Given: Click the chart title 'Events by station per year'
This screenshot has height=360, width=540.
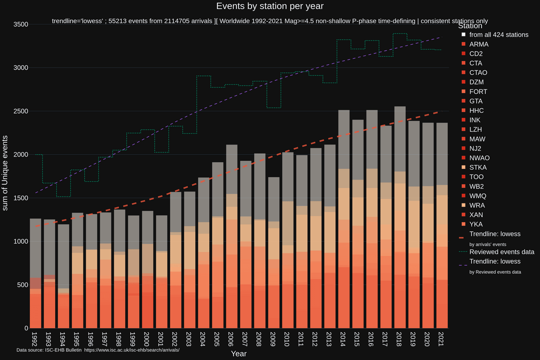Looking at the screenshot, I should click(270, 6).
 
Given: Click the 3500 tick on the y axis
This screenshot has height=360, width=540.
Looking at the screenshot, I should click(20, 24).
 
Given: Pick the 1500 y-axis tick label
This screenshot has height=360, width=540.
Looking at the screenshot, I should click(20, 198).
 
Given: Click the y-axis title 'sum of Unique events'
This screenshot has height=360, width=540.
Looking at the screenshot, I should click(6, 172).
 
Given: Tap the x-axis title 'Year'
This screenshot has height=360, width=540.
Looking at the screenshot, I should click(238, 353).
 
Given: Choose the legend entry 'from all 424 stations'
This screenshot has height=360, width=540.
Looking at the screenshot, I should click(498, 34).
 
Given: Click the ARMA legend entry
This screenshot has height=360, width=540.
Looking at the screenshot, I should click(479, 44).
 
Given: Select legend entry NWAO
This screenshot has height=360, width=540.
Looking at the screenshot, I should click(479, 158).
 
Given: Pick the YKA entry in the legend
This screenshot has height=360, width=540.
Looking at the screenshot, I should click(476, 224).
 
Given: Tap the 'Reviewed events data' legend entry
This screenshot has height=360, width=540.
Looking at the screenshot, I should click(501, 252).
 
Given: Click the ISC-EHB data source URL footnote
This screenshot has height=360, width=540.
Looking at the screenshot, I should click(131, 349).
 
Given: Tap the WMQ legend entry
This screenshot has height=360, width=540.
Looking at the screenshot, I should click(477, 195).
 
